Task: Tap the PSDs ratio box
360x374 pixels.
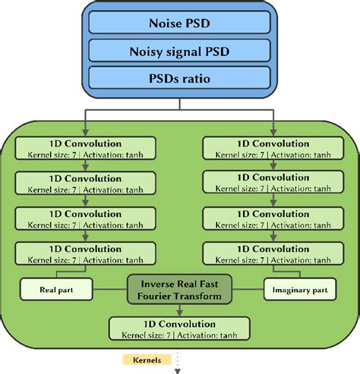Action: coord(180,78)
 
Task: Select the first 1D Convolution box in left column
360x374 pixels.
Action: coord(85,148)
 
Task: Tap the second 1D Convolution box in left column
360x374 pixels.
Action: coord(85,183)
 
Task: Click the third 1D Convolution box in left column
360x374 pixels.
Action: coord(85,218)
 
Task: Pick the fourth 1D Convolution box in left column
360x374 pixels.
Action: coord(85,254)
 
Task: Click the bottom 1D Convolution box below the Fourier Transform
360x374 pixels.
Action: coord(180,327)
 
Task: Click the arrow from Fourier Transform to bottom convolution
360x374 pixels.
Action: coord(180,310)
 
